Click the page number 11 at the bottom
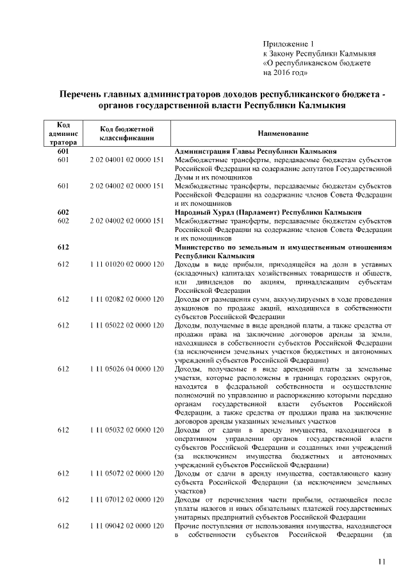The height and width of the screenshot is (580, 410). tap(382, 562)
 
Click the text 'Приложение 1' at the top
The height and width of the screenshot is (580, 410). tap(286, 43)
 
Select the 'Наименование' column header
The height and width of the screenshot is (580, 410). tap(283, 133)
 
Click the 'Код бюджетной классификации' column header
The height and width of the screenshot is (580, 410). tap(126, 133)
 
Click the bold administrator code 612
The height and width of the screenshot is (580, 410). tap(63, 247)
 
